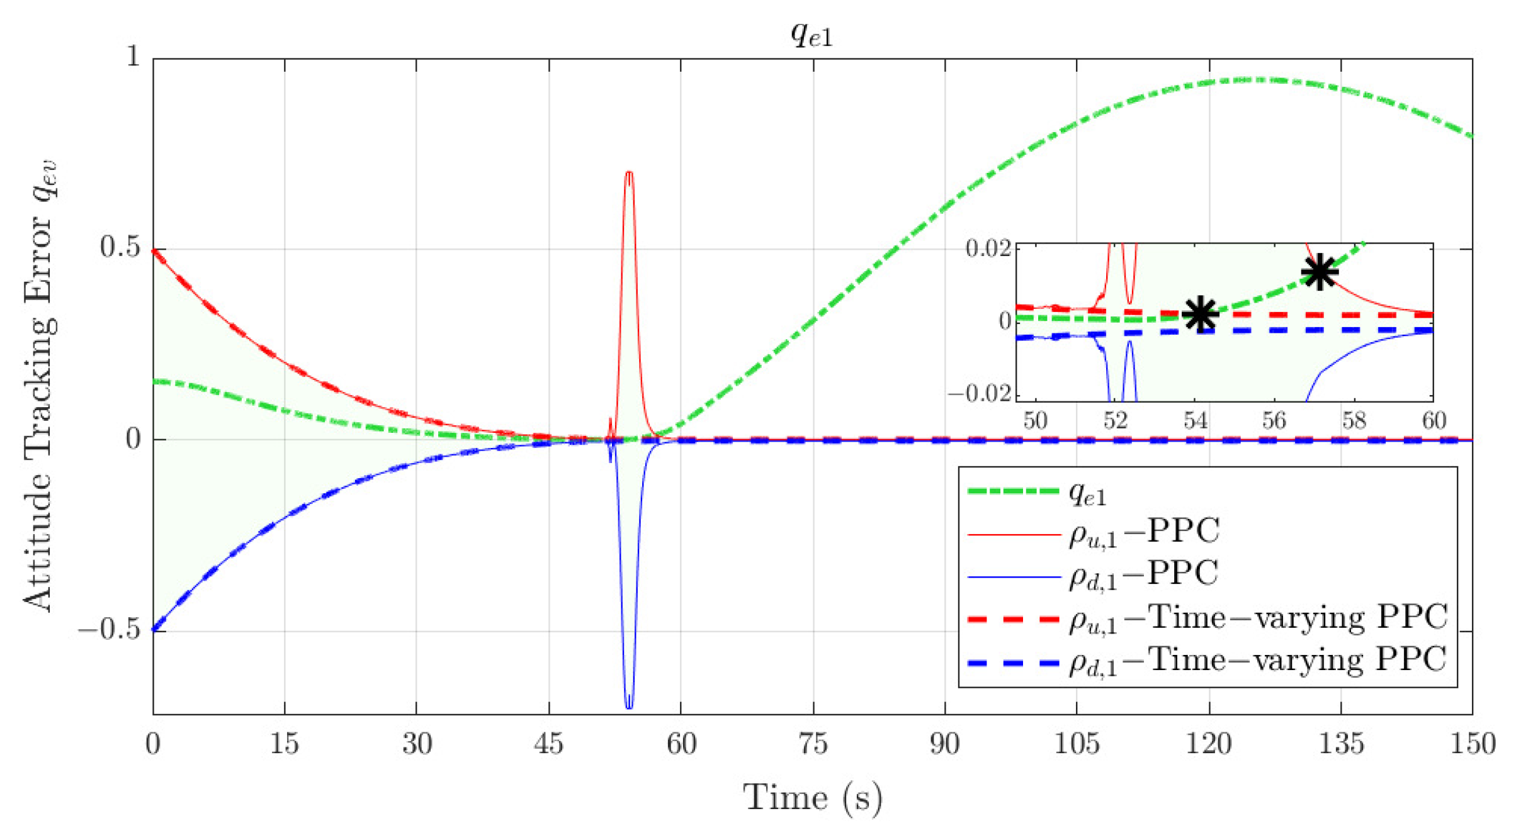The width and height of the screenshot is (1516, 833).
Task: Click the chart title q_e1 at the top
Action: (x=812, y=35)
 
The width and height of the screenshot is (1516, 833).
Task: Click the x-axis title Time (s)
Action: (x=812, y=798)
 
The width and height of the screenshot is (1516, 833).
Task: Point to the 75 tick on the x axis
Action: (x=813, y=744)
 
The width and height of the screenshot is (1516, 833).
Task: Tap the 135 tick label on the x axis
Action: (x=1341, y=744)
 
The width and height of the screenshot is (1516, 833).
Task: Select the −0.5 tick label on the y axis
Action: (x=109, y=630)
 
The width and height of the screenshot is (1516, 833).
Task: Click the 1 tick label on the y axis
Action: (x=133, y=57)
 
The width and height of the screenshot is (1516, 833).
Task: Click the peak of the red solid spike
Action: (x=628, y=172)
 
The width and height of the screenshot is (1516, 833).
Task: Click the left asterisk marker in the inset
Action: (x=1200, y=313)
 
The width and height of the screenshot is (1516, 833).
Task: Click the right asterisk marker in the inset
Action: (x=1319, y=272)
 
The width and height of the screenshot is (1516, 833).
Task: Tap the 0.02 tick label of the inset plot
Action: (x=988, y=248)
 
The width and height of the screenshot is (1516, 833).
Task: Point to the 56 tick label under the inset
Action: (x=1274, y=420)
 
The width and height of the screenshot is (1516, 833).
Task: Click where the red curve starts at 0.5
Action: (x=155, y=251)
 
